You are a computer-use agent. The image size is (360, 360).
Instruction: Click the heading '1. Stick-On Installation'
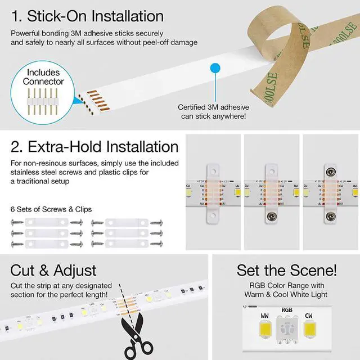pyautogui.click(x=87, y=15)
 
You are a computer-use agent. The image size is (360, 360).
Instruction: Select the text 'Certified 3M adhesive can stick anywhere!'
pyautogui.click(x=213, y=111)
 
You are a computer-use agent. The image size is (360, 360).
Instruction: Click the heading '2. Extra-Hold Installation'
pyautogui.click(x=94, y=147)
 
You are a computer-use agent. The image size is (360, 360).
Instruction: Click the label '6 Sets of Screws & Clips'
pyautogui.click(x=51, y=209)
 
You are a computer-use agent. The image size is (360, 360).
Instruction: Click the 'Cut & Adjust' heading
pyautogui.click(x=53, y=271)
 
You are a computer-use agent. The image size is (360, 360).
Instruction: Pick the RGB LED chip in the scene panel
pyautogui.click(x=286, y=330)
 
